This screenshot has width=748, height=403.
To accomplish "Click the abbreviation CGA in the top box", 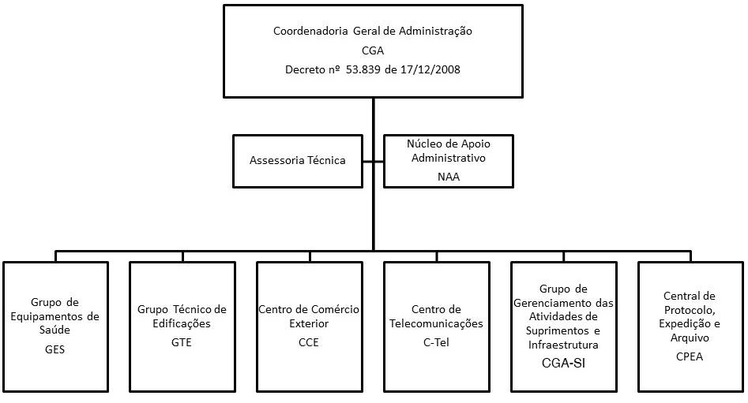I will pos(372,50).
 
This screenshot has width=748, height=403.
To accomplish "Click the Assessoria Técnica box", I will pos(298,160).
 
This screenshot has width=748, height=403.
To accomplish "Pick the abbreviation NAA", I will pos(448,177).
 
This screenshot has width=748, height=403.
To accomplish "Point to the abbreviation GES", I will pos(55,349).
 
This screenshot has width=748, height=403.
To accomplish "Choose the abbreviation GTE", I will pos(182,342).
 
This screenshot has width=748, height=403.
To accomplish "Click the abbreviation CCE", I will pos(309,342).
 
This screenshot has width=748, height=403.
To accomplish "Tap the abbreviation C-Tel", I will pos(436,342).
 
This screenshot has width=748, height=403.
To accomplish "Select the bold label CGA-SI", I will pos(563,363).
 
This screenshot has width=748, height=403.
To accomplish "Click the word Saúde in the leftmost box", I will pos(55,330).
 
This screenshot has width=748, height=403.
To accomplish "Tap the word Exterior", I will pos(309,323).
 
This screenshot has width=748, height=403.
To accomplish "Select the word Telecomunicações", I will pos(436,323).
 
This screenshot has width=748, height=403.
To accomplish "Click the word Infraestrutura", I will pos(563,345).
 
